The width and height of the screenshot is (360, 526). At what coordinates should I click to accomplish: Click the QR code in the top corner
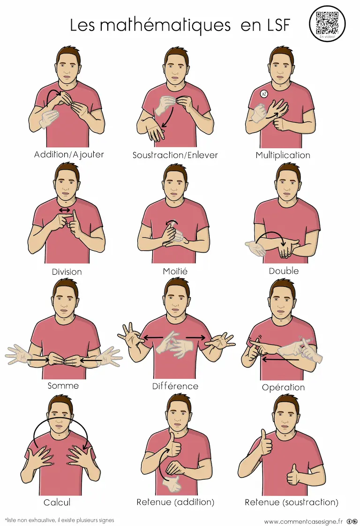click(x=327, y=23)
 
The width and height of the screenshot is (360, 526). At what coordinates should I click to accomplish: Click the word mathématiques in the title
click(x=165, y=25)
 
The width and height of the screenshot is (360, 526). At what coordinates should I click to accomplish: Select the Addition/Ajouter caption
click(x=69, y=155)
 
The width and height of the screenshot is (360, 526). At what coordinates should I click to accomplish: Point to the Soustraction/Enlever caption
click(x=175, y=155)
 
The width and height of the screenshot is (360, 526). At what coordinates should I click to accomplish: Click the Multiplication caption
click(x=283, y=155)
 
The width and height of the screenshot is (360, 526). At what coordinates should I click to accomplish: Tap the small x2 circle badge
click(x=264, y=94)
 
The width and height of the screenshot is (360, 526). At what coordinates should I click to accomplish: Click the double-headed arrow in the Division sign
click(x=64, y=210)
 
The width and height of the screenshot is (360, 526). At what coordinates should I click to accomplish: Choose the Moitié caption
click(x=175, y=271)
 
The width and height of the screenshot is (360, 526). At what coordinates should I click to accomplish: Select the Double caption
click(x=284, y=271)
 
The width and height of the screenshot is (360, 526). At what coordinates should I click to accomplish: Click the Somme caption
click(x=63, y=386)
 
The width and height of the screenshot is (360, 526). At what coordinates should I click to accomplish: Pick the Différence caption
click(x=175, y=386)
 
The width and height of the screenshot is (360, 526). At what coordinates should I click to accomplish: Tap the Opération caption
click(x=284, y=387)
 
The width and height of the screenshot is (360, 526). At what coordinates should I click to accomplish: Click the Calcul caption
click(x=57, y=502)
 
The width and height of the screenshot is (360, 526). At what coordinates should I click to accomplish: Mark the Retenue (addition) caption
click(x=175, y=502)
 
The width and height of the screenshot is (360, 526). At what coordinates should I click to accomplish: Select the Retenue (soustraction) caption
click(x=292, y=502)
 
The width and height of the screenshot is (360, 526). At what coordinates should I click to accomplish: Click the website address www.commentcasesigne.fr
click(x=303, y=521)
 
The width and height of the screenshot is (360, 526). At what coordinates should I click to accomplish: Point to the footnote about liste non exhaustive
click(x=60, y=520)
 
